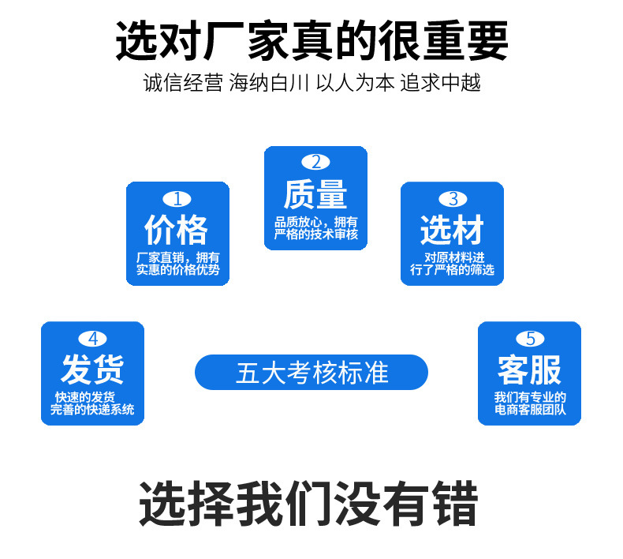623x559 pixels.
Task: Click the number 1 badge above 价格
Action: point(177,199)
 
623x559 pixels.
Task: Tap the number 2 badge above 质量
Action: point(315,163)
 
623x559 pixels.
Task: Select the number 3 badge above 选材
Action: point(452,199)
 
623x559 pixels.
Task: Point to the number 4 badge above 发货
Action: point(93,339)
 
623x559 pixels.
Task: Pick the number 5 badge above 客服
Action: point(530,339)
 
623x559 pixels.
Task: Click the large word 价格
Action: point(177,231)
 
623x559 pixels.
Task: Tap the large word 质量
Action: point(315,194)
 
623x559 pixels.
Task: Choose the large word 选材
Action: point(452,231)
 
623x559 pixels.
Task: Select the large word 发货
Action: point(93,370)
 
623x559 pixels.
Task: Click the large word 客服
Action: point(530,370)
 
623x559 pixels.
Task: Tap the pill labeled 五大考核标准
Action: point(311,372)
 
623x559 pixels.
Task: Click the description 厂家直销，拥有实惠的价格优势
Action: point(177,264)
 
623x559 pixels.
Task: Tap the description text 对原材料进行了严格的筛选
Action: point(452,264)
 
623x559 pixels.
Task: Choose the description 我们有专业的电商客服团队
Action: point(530,403)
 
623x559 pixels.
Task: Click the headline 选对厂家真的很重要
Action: point(311,41)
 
